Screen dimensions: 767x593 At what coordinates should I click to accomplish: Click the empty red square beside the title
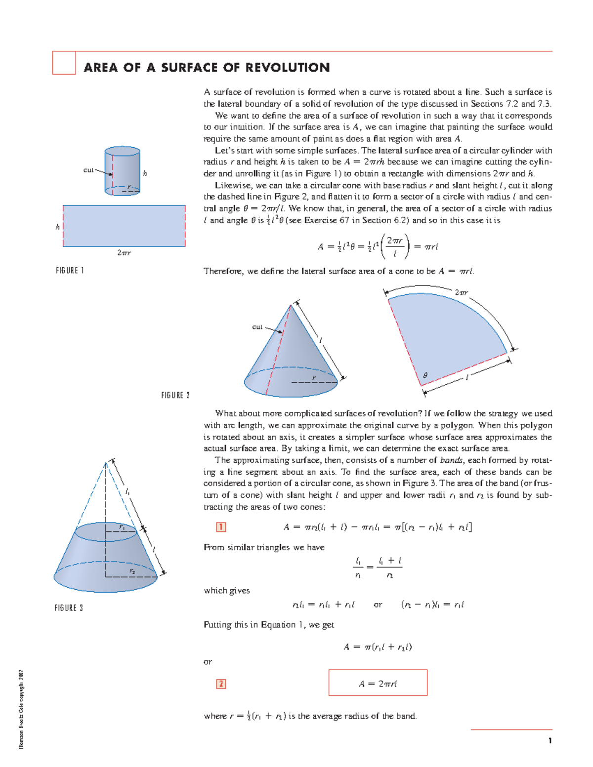click(x=64, y=63)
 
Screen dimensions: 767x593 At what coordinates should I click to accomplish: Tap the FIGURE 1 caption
click(x=70, y=271)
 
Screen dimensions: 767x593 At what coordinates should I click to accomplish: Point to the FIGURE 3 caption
click(x=69, y=608)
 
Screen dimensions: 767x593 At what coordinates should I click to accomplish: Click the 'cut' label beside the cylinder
click(x=88, y=170)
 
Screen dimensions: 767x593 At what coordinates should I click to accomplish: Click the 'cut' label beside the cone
click(x=257, y=326)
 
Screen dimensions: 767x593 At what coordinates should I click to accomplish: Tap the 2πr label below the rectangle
click(x=124, y=253)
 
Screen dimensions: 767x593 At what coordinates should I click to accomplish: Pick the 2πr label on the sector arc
click(x=461, y=292)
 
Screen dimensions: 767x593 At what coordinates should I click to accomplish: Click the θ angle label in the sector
click(x=425, y=376)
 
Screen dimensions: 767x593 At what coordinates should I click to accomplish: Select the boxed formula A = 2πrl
click(x=378, y=684)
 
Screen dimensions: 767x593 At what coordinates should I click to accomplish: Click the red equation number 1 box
click(x=221, y=527)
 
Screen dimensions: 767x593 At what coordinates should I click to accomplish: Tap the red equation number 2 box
click(x=221, y=684)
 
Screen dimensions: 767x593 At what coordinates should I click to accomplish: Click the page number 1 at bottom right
click(x=550, y=740)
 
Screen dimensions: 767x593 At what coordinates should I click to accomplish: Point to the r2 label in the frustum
click(x=132, y=571)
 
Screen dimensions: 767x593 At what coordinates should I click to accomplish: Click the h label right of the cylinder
click(x=145, y=173)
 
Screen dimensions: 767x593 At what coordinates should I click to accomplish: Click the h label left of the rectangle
click(x=58, y=227)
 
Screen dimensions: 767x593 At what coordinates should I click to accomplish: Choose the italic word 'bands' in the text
click(x=451, y=460)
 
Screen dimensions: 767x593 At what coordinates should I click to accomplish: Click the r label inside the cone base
click(x=314, y=378)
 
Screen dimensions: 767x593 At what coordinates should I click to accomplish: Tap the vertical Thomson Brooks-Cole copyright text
click(x=21, y=709)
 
